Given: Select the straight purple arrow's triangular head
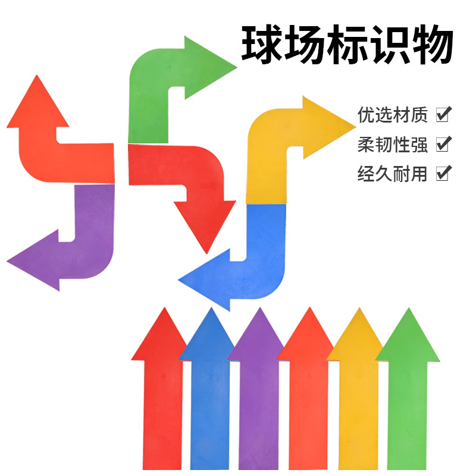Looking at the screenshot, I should [257, 339].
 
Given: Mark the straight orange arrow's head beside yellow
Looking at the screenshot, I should [308, 339].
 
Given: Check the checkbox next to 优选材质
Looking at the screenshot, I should [443, 114].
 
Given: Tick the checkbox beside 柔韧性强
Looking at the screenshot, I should [443, 144].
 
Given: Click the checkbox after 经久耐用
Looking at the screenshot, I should [443, 174].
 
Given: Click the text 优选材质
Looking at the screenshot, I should [392, 114].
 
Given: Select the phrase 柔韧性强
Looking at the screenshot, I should [392, 144].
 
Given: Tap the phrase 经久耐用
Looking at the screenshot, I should [392, 174].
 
